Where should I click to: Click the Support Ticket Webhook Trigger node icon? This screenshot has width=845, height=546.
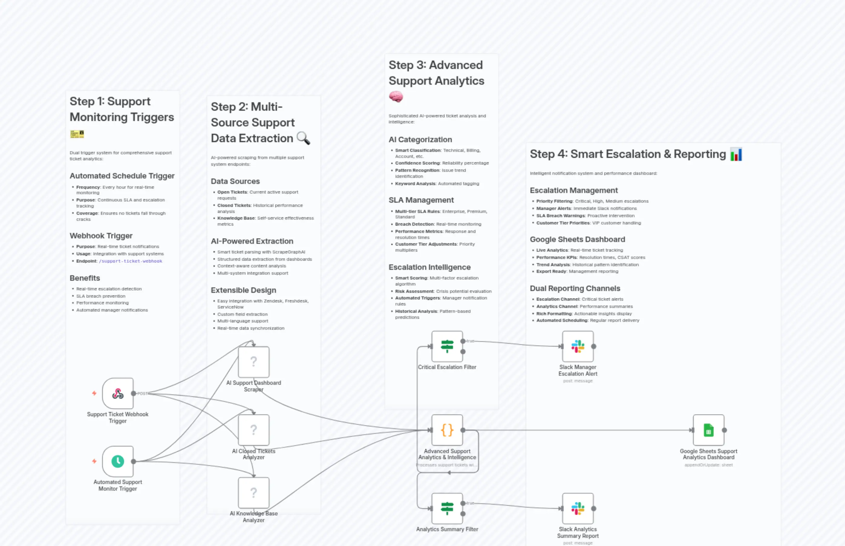point(118,393)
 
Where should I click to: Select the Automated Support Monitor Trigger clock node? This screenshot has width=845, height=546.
point(118,461)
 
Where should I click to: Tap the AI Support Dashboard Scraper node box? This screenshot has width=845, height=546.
point(253,362)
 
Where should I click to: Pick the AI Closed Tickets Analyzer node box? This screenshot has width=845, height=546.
point(253,430)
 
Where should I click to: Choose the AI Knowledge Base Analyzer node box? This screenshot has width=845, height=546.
point(253,492)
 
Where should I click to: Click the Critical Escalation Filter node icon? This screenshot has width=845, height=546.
point(447,346)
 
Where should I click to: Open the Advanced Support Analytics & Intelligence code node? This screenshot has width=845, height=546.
point(447,430)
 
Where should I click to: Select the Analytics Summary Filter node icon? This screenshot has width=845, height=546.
point(447,508)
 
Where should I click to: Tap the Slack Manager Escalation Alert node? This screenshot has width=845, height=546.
point(578,346)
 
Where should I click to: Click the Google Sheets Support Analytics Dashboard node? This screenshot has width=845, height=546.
point(708,430)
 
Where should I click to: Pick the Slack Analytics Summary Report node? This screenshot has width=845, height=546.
point(578,508)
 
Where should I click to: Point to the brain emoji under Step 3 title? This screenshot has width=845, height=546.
point(396,96)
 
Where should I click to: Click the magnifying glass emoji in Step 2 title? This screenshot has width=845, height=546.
point(303,138)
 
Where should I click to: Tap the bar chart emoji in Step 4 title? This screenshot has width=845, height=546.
point(736,155)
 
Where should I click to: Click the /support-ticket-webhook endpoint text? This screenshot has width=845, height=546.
point(130,261)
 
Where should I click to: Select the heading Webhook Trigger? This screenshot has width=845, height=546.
point(101,236)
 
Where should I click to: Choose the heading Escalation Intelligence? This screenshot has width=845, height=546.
point(429,267)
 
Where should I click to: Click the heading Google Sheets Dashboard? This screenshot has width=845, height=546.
point(577,239)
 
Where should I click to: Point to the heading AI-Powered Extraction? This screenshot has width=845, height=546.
point(252,241)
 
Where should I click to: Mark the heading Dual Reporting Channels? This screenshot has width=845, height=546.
point(575,288)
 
